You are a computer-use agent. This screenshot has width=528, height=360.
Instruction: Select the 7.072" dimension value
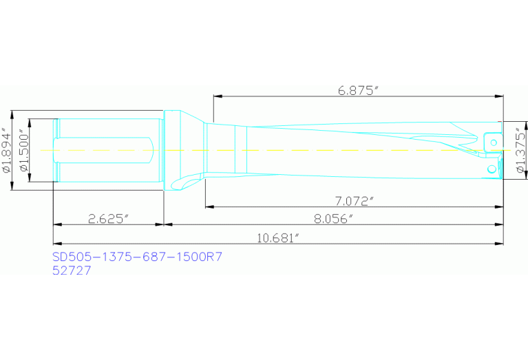353,201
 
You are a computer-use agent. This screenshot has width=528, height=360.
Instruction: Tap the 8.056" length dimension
333,219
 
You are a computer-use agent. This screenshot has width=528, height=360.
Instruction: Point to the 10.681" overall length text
277,238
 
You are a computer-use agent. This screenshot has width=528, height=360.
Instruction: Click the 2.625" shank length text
109,219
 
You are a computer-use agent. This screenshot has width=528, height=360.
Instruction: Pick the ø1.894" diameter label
6,150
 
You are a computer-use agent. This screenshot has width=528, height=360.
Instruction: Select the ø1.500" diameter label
25,150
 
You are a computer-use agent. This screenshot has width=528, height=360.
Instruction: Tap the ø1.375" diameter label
520,149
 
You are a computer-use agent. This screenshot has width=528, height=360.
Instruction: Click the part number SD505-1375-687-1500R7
137,257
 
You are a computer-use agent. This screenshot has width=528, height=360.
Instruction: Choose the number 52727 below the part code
72,271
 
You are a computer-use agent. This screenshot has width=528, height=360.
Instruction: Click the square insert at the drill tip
492,140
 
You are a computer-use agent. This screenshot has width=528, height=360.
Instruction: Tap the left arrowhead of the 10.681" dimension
57,242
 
